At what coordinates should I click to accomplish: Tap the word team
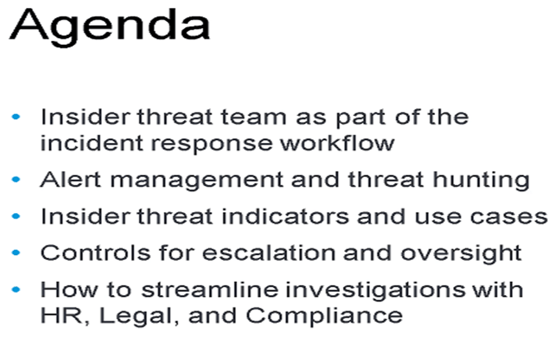point(254,117)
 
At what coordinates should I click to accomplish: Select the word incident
point(92,143)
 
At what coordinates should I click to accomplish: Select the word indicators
point(285,216)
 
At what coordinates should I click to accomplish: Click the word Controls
point(96,253)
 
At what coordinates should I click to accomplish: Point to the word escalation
point(269,253)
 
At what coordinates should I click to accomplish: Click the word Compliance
point(324,316)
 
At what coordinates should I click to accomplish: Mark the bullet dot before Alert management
point(16,180)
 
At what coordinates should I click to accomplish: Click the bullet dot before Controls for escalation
point(16,253)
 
